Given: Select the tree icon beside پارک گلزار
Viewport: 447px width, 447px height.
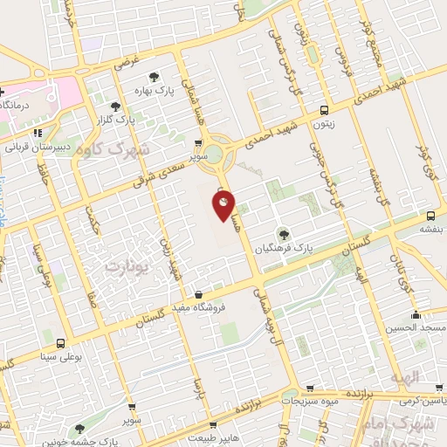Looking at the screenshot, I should click(115, 107).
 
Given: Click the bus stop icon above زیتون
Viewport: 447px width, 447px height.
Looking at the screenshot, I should click(324, 110).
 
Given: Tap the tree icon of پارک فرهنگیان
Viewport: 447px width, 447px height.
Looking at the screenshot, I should click(282, 233).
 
